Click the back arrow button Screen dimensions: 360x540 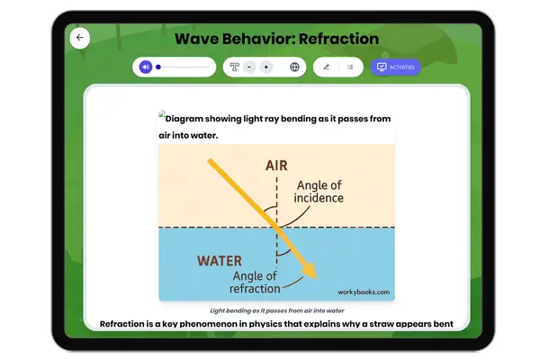80,38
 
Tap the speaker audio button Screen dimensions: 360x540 145,67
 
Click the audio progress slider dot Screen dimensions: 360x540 158,67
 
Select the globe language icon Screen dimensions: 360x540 294,67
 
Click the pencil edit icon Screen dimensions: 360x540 326,67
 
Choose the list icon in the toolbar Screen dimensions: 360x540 349,67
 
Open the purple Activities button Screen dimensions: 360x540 396,67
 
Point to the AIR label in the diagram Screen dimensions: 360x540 277,166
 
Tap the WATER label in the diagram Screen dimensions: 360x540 220,261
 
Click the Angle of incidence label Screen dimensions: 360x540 319,192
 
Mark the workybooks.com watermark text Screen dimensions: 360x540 364,292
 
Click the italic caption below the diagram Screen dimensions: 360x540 276,309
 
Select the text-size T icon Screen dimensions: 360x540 235,67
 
